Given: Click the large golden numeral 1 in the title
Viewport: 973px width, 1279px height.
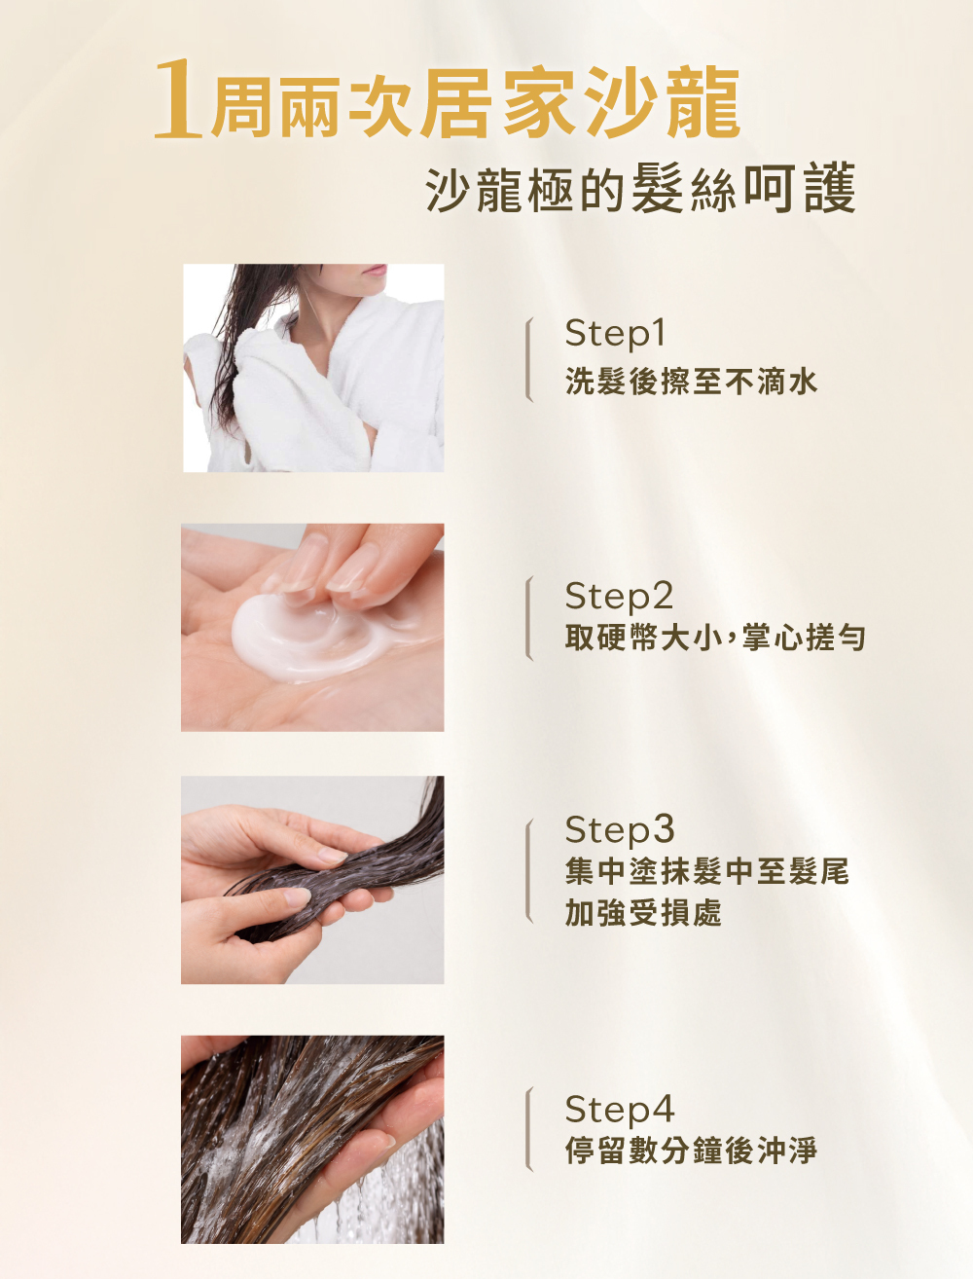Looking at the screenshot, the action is coord(178,99).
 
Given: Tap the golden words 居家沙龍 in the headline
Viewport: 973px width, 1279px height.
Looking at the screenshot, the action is coord(582,102).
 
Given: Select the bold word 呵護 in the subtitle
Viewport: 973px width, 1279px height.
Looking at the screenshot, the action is coord(800,188).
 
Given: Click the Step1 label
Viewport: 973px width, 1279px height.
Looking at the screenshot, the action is coord(615,334).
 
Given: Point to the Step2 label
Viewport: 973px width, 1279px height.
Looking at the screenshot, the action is coord(619,596).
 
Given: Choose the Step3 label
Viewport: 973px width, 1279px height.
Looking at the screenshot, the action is coord(620,829).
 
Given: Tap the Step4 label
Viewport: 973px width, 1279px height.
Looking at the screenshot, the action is coord(620,1109).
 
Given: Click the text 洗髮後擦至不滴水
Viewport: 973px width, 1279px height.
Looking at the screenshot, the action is coord(691,383).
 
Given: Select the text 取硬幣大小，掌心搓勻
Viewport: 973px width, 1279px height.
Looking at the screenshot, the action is coord(715,638).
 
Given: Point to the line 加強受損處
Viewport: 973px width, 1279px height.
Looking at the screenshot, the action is coord(643,913).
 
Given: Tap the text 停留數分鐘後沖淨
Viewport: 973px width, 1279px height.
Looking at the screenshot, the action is coord(691,1151).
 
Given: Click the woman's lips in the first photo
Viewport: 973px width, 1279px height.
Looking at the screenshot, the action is coord(375,270).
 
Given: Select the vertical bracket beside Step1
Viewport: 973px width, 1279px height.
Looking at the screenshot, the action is coord(528,359).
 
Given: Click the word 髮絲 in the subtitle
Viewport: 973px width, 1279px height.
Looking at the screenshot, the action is coord(684,189).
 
